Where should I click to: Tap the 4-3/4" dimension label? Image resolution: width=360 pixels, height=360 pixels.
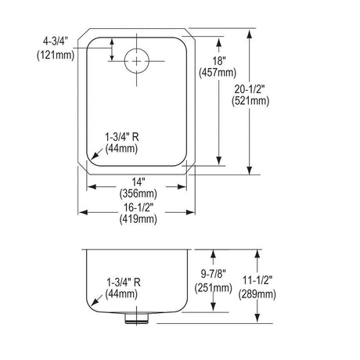click(56, 41)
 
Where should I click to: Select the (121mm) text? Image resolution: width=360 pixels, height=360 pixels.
click(56, 55)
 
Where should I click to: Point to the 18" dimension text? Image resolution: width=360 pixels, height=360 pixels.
click(218, 61)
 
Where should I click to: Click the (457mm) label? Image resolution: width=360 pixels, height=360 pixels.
click(218, 73)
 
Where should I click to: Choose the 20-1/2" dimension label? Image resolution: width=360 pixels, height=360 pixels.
click(250, 89)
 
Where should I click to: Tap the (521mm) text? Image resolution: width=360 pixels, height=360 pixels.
click(250, 101)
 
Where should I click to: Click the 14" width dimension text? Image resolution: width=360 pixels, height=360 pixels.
click(138, 182)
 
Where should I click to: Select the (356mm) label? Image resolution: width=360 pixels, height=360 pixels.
click(139, 194)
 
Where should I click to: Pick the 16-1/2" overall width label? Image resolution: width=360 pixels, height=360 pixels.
click(139, 207)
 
